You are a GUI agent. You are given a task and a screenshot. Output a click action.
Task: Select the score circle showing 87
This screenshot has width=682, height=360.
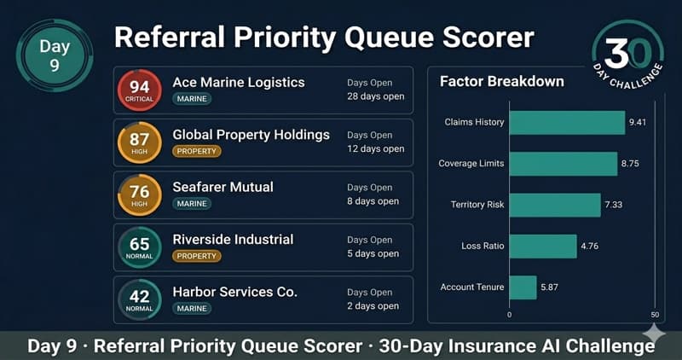[x=139, y=143]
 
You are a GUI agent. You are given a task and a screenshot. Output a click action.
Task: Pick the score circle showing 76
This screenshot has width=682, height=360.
[x=139, y=195]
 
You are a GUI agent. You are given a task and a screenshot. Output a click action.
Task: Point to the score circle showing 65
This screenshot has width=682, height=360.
[x=139, y=247]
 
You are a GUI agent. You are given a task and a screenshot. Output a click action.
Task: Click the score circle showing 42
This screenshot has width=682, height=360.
[x=139, y=299]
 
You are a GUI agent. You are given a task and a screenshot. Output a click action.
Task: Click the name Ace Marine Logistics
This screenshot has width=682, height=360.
[x=238, y=83]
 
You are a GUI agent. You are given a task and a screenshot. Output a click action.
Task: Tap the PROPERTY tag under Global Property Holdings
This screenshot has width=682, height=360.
[x=196, y=151]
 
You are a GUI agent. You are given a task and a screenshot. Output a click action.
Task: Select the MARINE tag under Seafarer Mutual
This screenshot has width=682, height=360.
[x=192, y=203]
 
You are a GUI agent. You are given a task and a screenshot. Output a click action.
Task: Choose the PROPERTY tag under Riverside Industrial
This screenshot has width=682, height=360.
[x=196, y=255]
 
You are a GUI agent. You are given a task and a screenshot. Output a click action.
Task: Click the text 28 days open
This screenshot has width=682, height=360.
[x=375, y=96]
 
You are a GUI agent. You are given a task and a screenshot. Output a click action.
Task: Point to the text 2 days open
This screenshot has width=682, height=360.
[x=373, y=305]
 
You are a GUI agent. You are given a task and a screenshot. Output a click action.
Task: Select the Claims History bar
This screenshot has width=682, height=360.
[x=567, y=123]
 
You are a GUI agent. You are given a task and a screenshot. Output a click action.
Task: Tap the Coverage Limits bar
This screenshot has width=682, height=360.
[x=563, y=164]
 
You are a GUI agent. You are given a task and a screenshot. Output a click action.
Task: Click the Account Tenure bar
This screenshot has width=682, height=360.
[x=523, y=287]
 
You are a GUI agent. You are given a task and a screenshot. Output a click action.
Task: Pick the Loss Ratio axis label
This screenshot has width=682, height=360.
[x=483, y=247]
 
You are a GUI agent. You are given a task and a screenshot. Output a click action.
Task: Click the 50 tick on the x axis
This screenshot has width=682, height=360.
[x=655, y=314]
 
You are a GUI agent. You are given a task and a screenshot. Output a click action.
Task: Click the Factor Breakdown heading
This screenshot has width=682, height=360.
[x=501, y=82]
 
